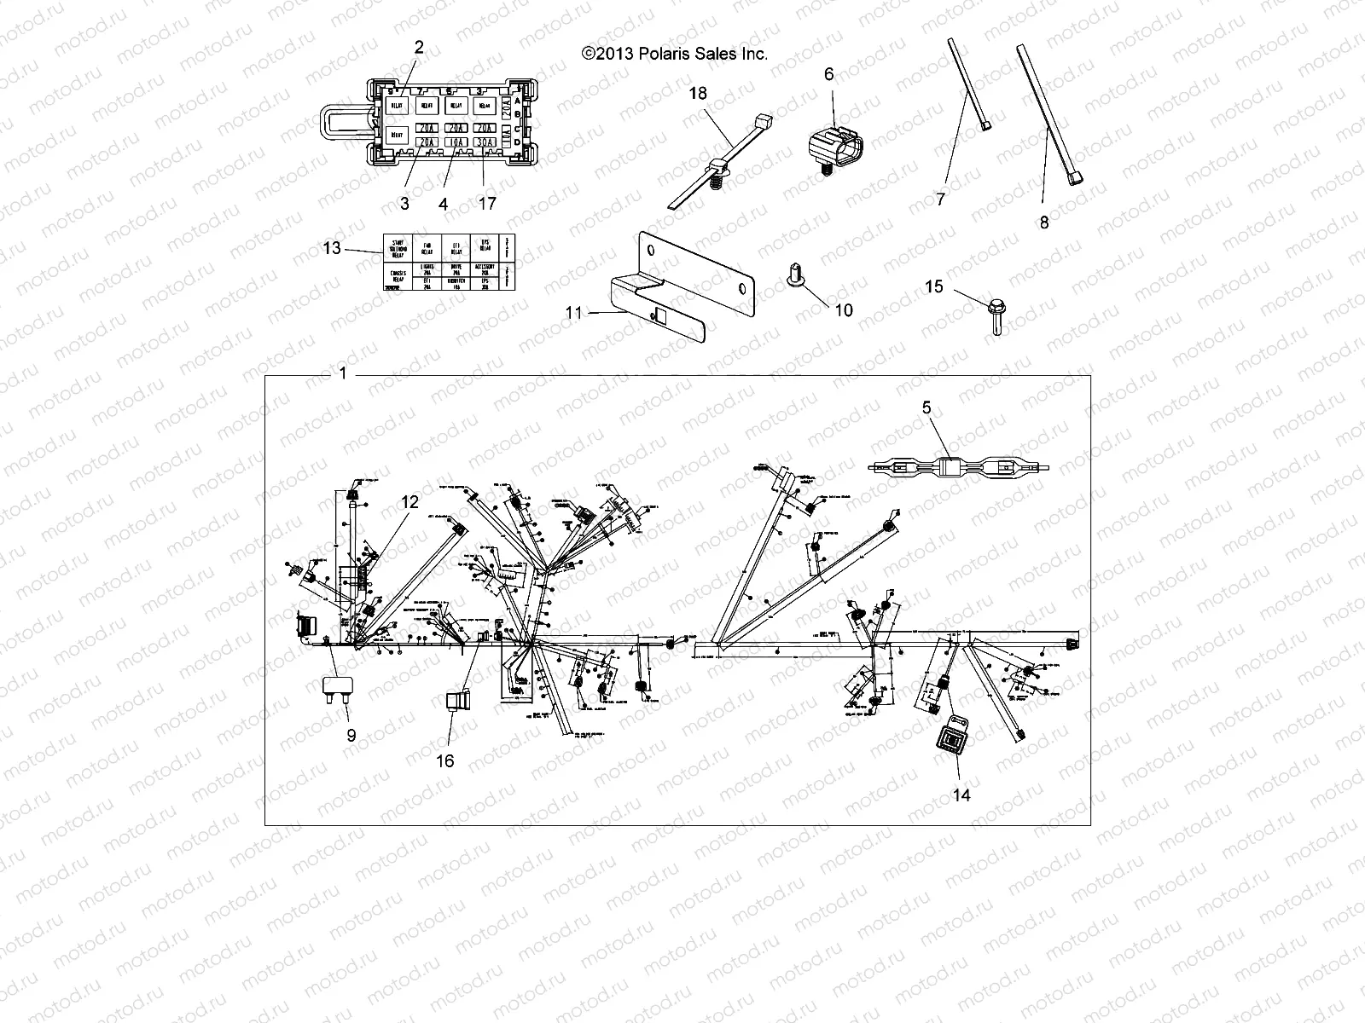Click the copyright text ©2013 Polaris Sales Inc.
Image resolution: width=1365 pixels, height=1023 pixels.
coord(674,54)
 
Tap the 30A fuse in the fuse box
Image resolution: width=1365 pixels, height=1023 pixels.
coord(484,143)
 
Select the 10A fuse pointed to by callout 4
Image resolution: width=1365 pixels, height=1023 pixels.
coord(456,143)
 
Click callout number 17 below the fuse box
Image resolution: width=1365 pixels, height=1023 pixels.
coord(488,204)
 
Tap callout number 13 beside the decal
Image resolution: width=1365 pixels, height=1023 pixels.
coord(332,248)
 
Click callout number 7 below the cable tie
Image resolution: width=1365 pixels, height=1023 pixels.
coord(940,199)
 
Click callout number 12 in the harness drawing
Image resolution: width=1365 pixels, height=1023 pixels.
coord(409,502)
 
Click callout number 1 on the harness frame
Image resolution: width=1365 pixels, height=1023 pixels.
coord(343,373)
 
